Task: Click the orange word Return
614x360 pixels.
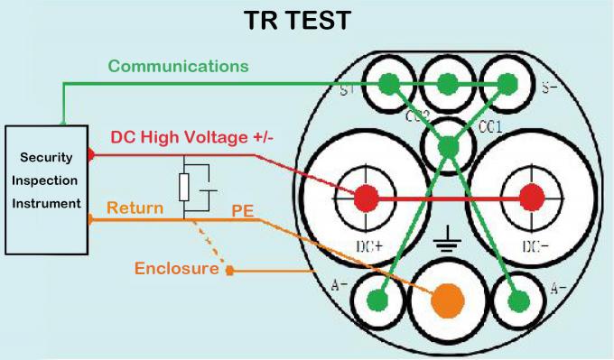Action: click(x=135, y=209)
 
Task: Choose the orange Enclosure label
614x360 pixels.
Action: click(x=177, y=268)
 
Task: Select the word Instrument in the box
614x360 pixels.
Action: click(x=46, y=202)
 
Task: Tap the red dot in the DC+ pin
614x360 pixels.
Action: click(x=365, y=196)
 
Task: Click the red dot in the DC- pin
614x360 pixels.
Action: click(x=532, y=196)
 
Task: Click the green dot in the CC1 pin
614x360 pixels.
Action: click(x=448, y=144)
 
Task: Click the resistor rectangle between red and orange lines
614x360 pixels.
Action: click(x=183, y=188)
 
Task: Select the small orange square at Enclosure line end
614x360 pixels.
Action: click(x=230, y=269)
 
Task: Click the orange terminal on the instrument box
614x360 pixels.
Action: click(x=91, y=219)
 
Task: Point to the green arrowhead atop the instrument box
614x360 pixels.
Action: click(x=62, y=121)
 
